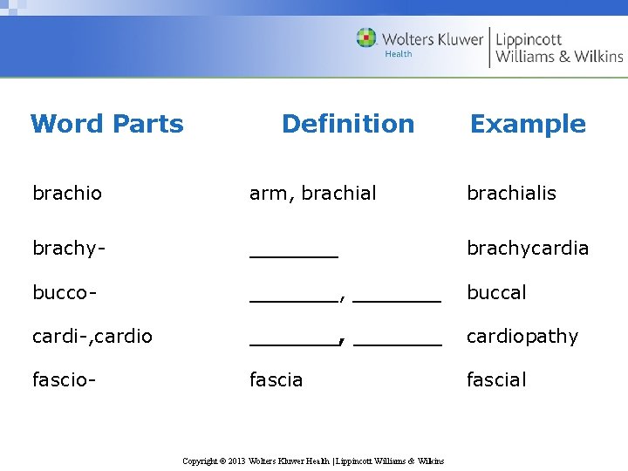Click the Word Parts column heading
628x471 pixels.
[106, 124]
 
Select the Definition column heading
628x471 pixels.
[348, 124]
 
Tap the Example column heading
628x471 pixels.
[528, 124]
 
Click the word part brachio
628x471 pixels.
[67, 193]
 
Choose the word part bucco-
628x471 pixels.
[65, 292]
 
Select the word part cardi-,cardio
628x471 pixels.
[92, 336]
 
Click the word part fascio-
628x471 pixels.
[64, 379]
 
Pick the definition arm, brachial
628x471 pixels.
[313, 193]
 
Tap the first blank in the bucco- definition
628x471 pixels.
[293, 298]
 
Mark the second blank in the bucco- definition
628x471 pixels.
[398, 298]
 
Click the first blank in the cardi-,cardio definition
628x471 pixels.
[293, 342]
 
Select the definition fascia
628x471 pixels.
[276, 379]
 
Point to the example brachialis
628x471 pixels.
[511, 193]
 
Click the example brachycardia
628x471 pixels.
[528, 249]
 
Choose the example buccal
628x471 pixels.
[496, 292]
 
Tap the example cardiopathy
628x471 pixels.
[522, 336]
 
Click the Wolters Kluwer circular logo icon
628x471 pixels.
[367, 38]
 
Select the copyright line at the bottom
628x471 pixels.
[313, 461]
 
